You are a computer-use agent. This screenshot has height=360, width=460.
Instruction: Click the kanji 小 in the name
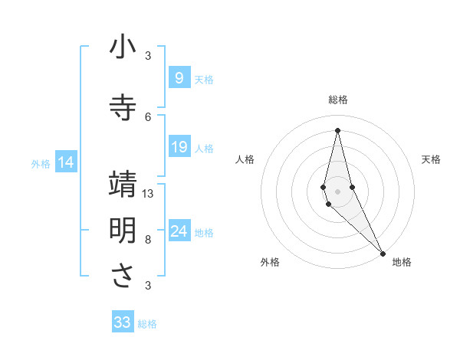[x=123, y=47]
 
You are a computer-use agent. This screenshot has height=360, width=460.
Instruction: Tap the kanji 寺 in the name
[x=123, y=107]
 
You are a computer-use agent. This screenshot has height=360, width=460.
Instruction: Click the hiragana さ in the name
[x=123, y=276]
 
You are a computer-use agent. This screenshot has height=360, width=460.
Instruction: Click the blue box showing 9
[x=179, y=77]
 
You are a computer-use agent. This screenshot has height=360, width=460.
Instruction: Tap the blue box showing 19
[x=179, y=147]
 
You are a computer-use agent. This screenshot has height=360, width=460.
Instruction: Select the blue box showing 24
[x=179, y=231]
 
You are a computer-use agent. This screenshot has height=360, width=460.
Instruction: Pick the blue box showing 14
[x=66, y=162]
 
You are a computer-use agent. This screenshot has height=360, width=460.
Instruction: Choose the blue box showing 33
[x=123, y=322]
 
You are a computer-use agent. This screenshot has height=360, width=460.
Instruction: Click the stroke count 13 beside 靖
[x=148, y=194]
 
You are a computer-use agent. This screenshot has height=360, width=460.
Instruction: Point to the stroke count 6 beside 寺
[x=148, y=116]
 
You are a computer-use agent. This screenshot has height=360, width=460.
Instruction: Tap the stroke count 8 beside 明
[x=148, y=240]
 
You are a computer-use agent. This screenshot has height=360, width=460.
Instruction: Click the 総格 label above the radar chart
[x=337, y=100]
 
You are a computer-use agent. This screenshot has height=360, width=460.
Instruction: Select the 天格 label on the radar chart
[x=431, y=159]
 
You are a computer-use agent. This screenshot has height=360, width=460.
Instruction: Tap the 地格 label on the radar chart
[x=402, y=262]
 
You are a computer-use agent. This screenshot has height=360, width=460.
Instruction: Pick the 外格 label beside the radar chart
[x=270, y=262]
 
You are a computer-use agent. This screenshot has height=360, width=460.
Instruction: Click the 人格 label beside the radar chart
[x=245, y=159]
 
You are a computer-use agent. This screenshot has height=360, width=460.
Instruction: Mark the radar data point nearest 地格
[x=382, y=252]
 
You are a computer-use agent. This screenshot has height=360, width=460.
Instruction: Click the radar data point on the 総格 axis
[x=337, y=130]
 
